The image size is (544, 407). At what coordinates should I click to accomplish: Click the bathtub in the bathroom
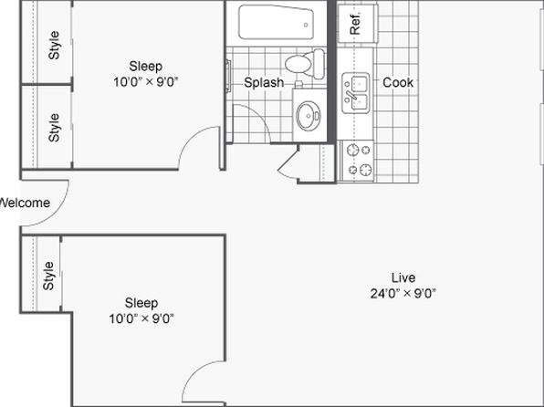point(276,22)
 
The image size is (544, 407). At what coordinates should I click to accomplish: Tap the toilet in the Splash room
point(305,64)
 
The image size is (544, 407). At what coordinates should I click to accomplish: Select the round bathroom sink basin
point(309,116)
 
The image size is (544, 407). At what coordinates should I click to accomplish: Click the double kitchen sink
point(356,93)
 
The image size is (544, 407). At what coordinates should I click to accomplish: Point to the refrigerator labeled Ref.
point(358,24)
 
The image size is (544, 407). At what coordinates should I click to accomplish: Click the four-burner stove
point(357,161)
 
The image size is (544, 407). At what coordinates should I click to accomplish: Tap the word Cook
point(398,82)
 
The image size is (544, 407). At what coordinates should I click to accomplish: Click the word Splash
point(264,82)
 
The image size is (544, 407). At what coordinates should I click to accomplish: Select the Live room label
point(403,277)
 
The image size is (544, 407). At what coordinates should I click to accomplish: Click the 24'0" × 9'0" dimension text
point(403,294)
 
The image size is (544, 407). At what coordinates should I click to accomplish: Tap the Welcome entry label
point(25,203)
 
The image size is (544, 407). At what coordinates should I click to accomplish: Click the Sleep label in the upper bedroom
point(146,66)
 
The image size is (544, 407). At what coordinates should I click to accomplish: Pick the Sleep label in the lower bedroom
point(141,303)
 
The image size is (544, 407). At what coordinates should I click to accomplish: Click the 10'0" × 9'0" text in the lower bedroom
point(141,318)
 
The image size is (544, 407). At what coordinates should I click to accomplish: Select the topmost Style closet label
point(54,45)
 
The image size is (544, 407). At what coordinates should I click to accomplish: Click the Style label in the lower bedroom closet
point(48,276)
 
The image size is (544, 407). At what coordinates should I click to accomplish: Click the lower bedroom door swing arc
point(195,373)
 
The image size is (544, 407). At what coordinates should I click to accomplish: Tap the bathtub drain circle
point(306,25)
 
